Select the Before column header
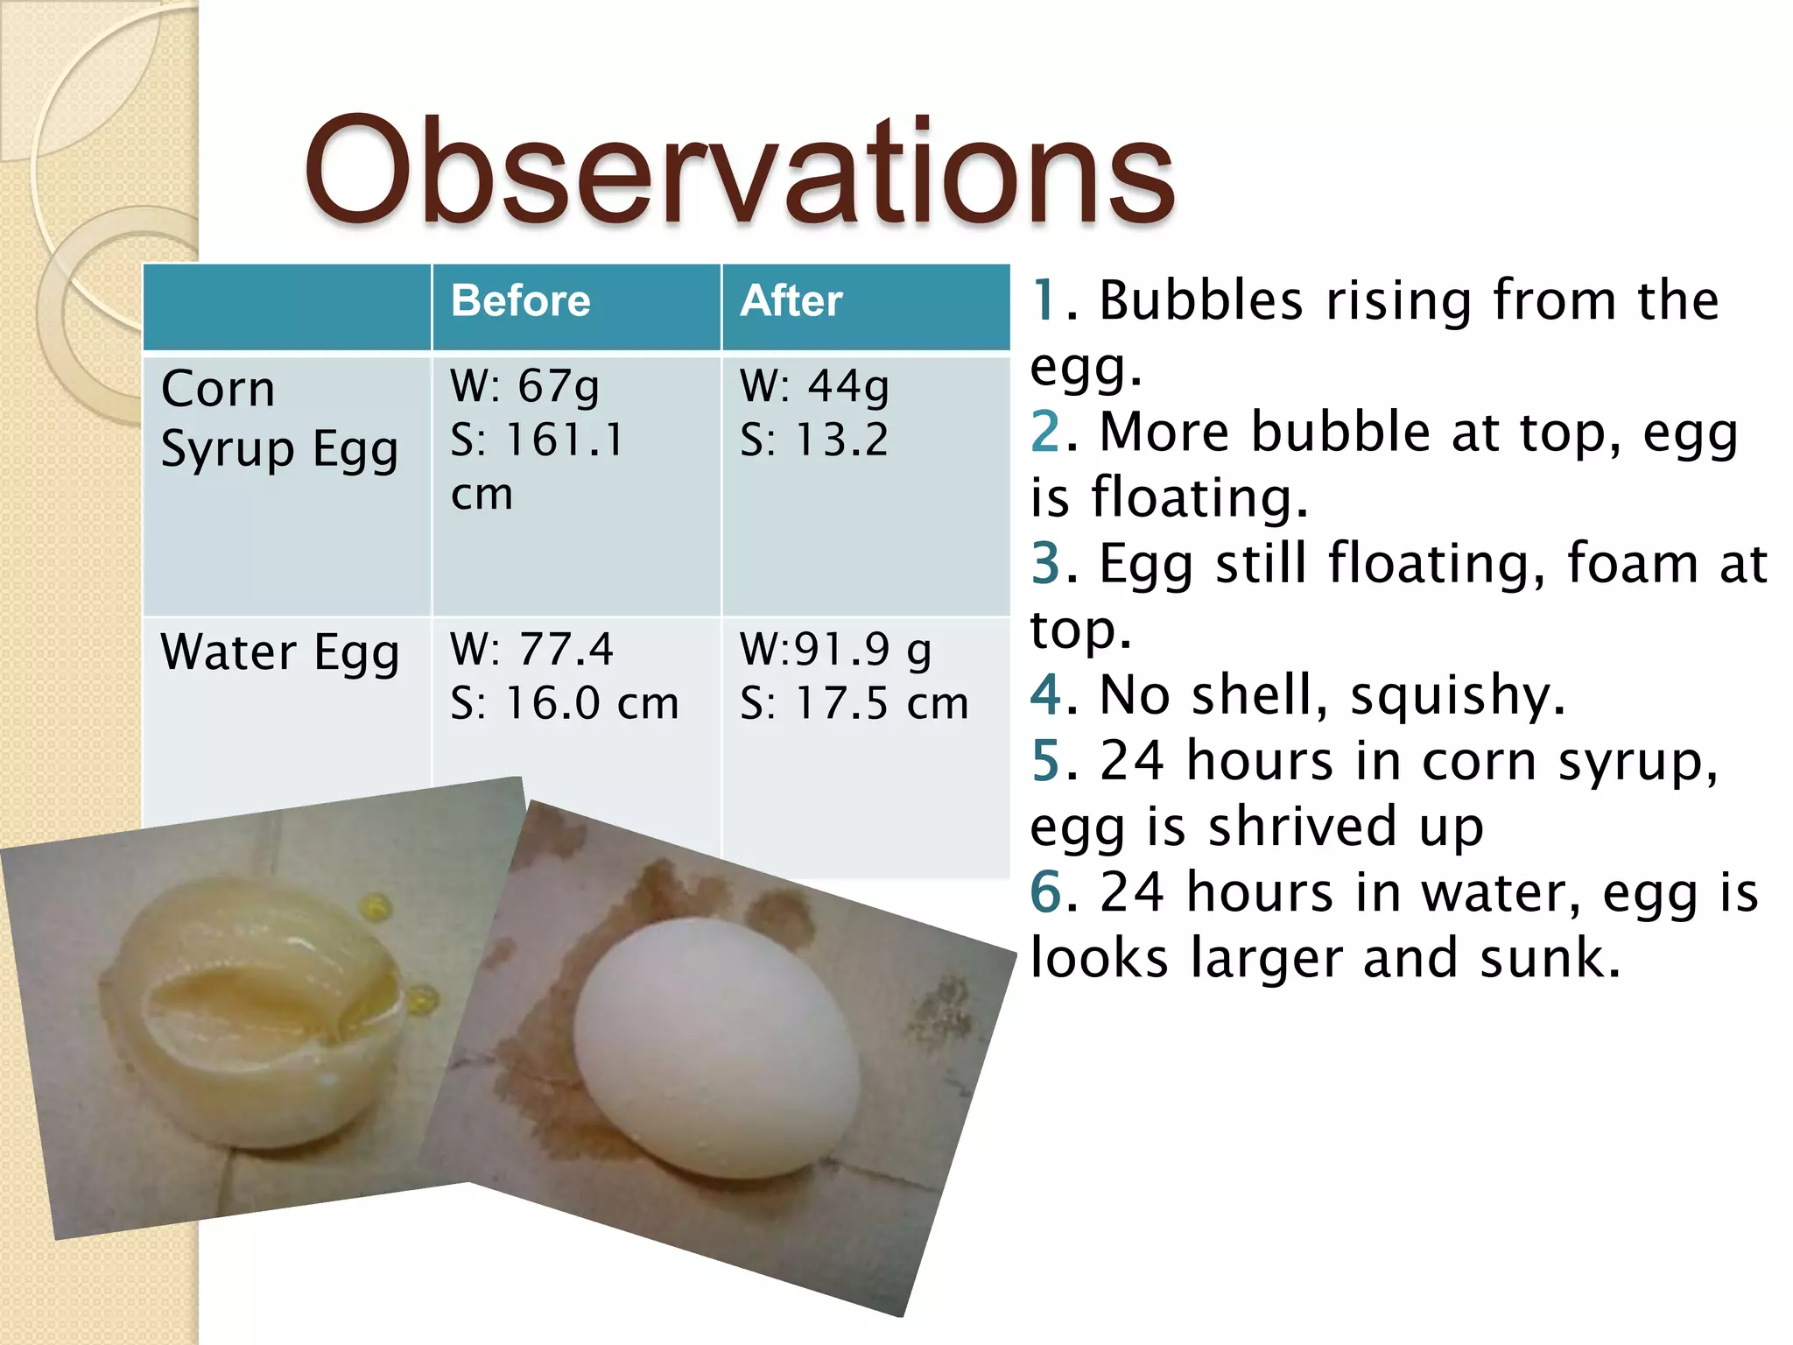(x=520, y=301)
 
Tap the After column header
(x=791, y=301)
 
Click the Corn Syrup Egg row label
(x=278, y=419)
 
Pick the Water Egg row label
(x=279, y=653)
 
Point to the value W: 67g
(x=524, y=386)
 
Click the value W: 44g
(x=814, y=386)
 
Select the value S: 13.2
(x=813, y=440)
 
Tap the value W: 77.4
(x=531, y=649)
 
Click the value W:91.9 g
(x=835, y=650)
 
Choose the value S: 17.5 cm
(x=854, y=703)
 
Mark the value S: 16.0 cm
(x=564, y=703)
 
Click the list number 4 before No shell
(x=1046, y=694)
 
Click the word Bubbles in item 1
(x=1200, y=301)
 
